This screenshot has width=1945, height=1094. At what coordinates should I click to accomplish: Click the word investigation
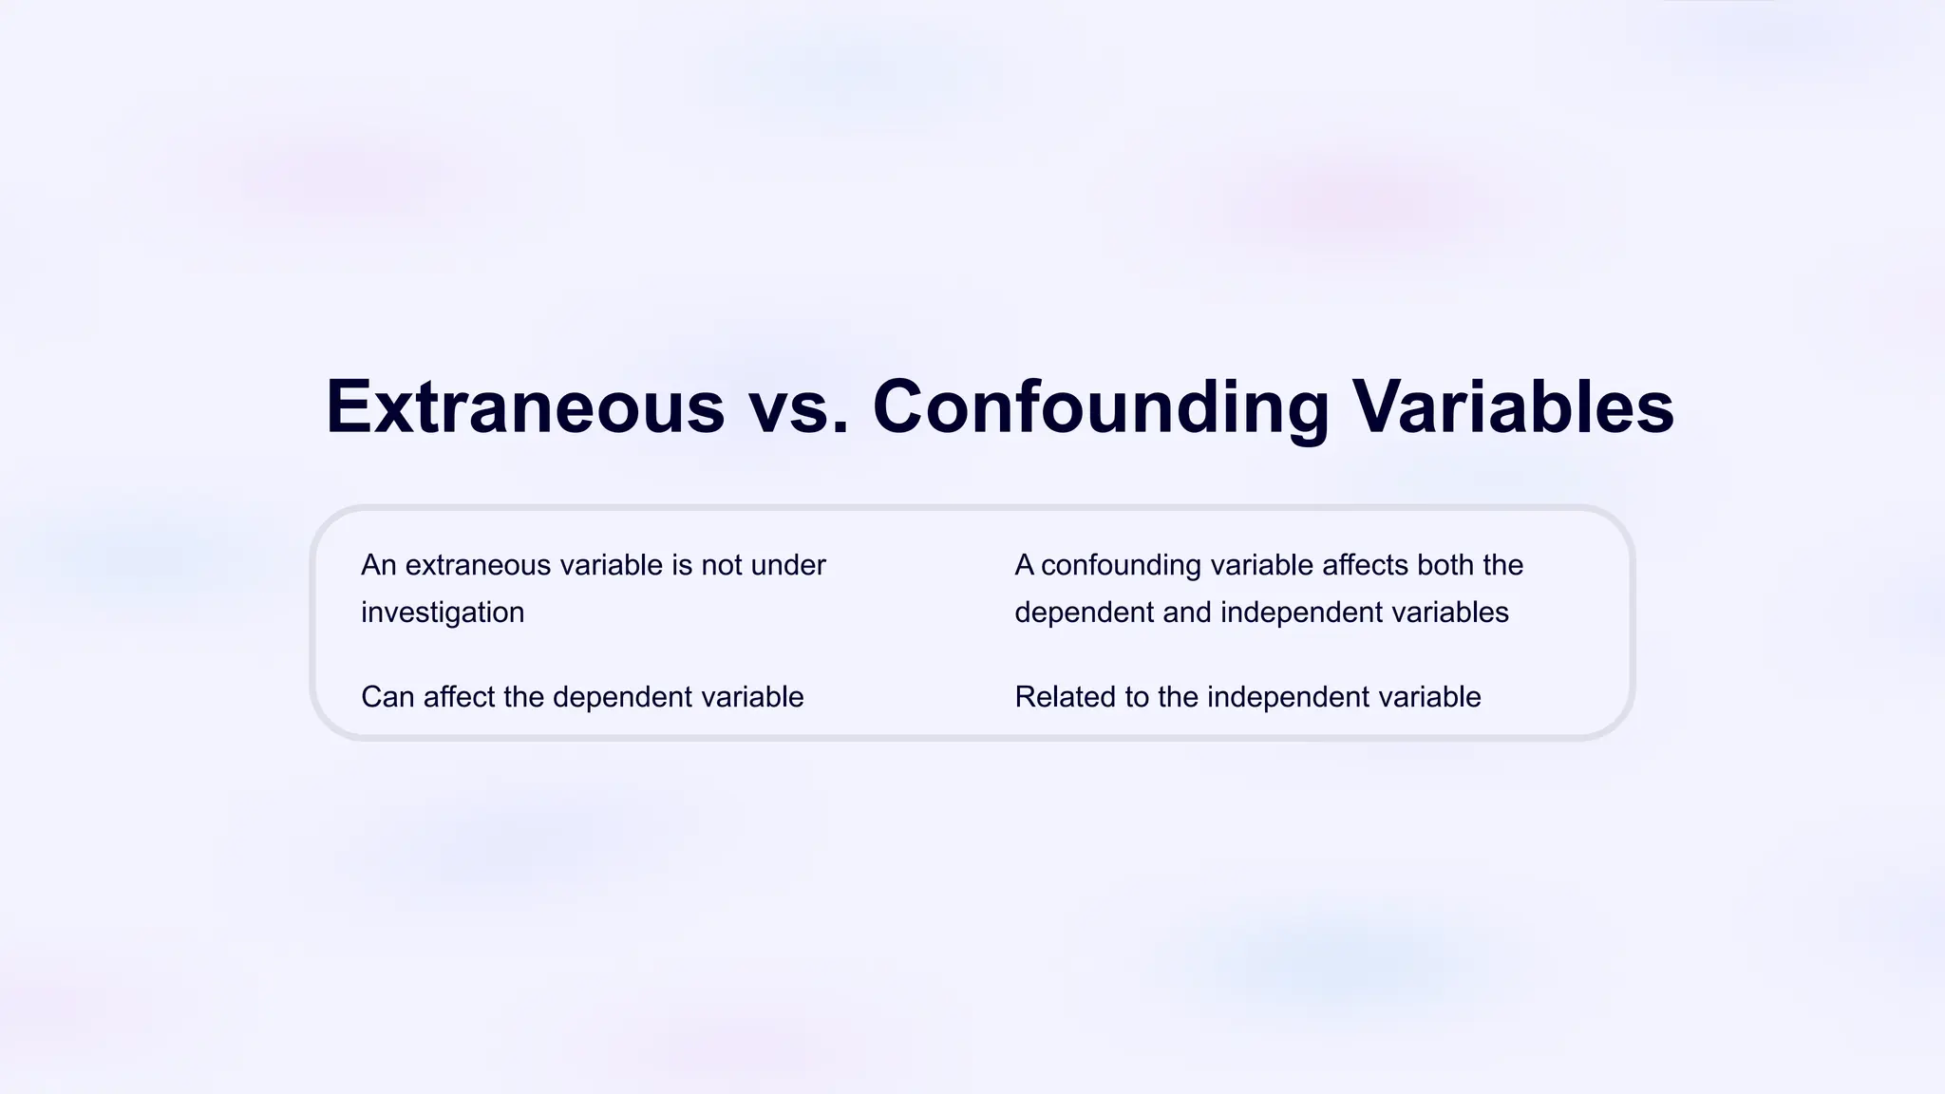(443, 613)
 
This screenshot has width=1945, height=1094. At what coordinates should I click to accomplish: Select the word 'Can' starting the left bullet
(387, 697)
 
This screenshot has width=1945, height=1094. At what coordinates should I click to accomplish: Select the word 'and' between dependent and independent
(1187, 613)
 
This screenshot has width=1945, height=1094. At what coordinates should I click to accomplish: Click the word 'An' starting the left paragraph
(378, 565)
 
